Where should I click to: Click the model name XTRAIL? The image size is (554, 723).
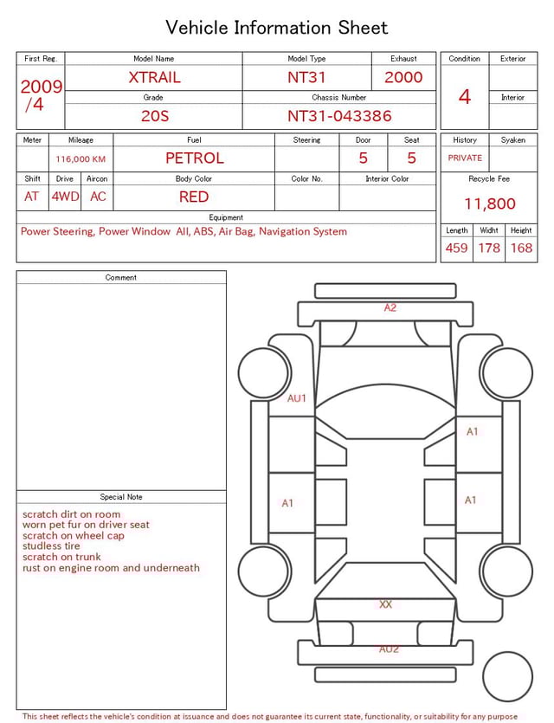154,77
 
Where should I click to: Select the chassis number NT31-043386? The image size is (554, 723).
339,115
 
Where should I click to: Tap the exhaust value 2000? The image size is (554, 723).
403,77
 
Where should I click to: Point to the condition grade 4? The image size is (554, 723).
465,96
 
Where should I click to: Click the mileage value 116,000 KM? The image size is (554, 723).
81,159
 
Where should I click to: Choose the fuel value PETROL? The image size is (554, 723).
194,158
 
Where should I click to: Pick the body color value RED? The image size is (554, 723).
194,197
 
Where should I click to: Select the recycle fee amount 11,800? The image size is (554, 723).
490,203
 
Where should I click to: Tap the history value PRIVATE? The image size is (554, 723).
465,158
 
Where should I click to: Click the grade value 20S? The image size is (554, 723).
154,115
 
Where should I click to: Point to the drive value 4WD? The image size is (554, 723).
65,197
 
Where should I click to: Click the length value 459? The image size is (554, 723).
456,248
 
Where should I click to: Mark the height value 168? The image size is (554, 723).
521,248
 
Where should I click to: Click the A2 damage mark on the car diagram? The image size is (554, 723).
390,307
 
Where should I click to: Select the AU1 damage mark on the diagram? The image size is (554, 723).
297,399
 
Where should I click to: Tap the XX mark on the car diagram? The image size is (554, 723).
385,604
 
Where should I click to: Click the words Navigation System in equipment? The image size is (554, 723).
303,232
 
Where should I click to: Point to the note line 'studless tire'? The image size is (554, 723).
51,546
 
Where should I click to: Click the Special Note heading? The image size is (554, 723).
121,497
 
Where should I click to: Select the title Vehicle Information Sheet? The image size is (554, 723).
277,28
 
